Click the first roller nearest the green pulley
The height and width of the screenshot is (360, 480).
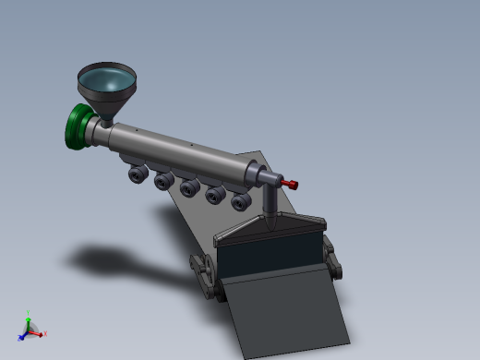138,174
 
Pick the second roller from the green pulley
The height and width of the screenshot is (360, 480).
164,180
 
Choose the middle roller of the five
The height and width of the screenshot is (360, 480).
190,187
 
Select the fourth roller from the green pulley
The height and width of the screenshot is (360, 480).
216,195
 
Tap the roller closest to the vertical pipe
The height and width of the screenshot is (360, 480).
241,202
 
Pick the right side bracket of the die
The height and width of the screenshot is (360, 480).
333,258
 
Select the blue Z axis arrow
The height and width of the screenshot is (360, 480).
23,335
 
